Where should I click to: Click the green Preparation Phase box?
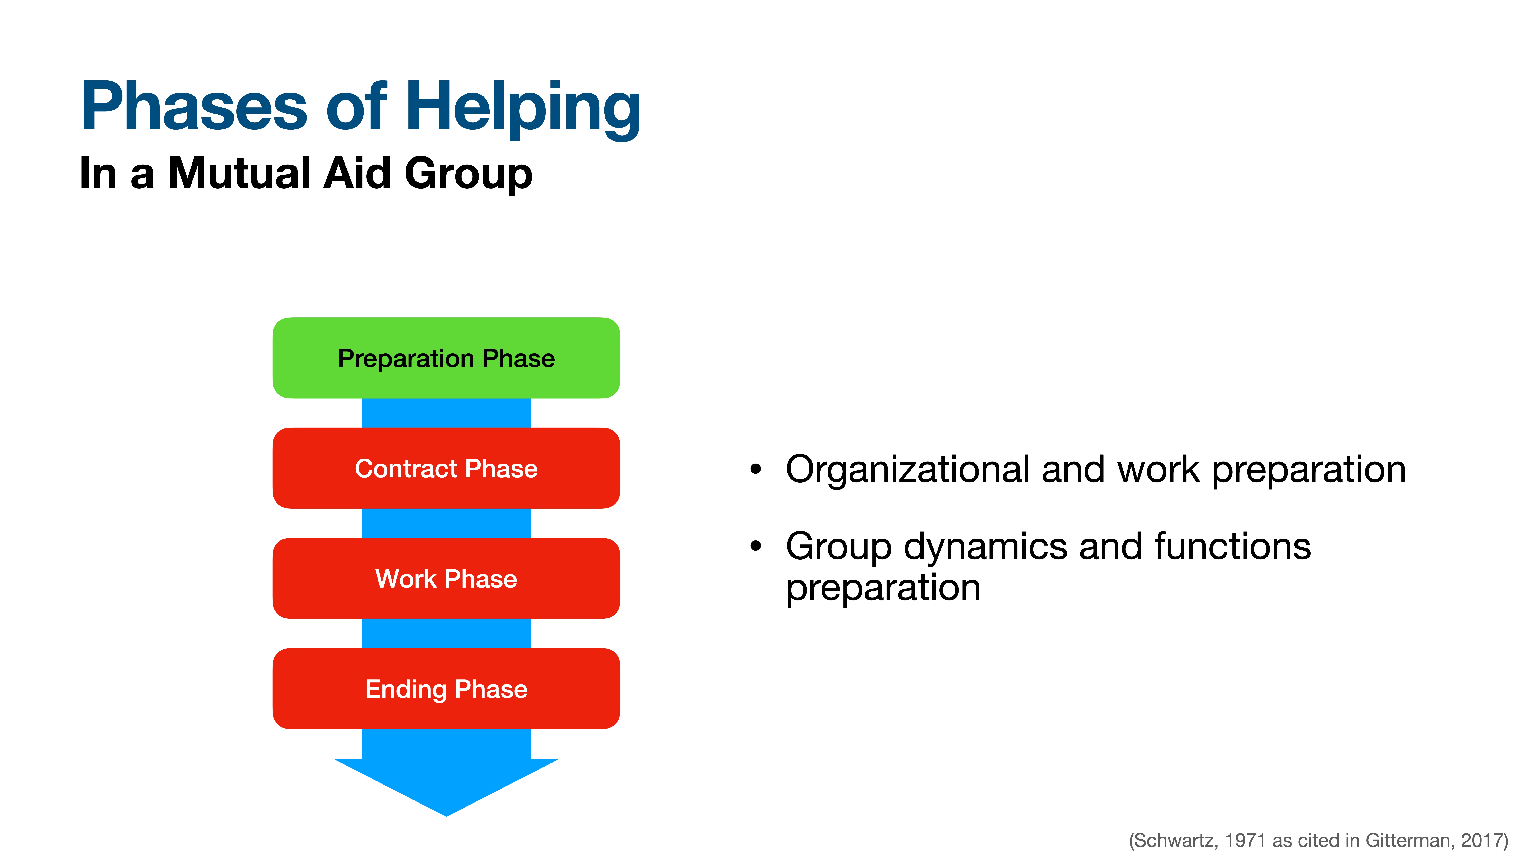pos(446,358)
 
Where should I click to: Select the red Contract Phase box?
pos(446,468)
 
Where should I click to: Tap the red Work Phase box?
pos(446,578)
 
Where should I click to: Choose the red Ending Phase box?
pos(446,688)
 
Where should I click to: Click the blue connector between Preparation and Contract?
pos(446,413)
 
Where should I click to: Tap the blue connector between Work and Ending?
pos(446,633)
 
